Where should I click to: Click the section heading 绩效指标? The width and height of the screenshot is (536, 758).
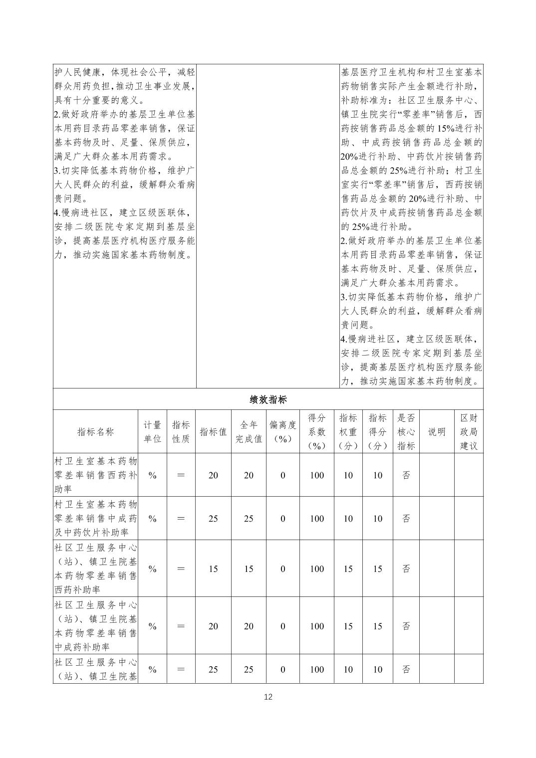click(x=268, y=399)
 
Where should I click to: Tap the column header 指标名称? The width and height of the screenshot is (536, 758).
click(x=95, y=432)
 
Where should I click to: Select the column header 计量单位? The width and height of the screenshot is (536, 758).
click(x=152, y=432)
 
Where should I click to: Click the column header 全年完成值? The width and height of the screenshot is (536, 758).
click(x=249, y=432)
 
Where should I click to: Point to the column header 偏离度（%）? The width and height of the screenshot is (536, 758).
click(x=283, y=432)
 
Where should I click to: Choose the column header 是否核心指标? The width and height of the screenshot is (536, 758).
click(x=406, y=432)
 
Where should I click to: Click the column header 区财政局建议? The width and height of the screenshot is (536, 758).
click(x=469, y=432)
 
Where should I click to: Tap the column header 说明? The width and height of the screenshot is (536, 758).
click(x=437, y=432)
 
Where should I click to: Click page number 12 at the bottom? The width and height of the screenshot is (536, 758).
click(x=268, y=697)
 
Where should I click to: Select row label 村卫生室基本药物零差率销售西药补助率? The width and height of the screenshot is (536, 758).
click(x=95, y=475)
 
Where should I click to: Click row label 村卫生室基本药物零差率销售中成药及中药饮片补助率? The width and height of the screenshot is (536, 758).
click(x=95, y=519)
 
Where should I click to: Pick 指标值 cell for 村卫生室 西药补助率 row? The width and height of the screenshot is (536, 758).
click(x=213, y=475)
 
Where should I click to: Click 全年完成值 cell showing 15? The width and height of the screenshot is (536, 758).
click(x=249, y=569)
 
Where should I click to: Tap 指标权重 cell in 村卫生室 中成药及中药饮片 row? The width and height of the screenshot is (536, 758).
click(x=348, y=519)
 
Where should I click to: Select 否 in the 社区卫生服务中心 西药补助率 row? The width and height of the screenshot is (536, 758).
click(x=406, y=569)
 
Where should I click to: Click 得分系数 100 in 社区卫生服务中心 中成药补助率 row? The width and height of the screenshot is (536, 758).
click(x=317, y=626)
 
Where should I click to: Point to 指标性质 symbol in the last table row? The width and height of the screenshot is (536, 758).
click(x=181, y=670)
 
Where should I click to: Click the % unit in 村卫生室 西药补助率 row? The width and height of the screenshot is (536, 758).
click(x=152, y=475)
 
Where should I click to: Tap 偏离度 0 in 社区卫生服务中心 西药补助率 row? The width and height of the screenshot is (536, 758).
click(x=283, y=569)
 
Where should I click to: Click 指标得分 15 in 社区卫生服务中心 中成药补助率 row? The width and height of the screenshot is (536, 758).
click(x=377, y=626)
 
